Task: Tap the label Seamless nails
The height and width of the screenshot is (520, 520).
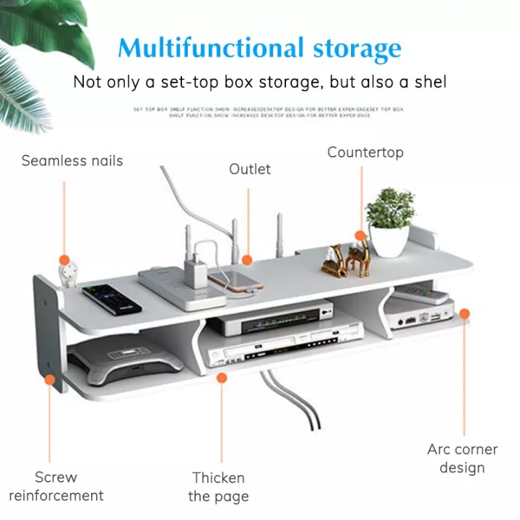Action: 72,160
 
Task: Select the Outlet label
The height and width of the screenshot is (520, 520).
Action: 250,169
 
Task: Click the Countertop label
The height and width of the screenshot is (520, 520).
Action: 365,152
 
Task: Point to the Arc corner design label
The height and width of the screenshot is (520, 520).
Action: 462,459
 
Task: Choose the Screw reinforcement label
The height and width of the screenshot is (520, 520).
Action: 56,486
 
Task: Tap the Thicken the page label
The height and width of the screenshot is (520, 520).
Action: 218,487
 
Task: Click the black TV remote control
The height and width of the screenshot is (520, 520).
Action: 112,298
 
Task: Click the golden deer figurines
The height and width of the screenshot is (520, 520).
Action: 346,259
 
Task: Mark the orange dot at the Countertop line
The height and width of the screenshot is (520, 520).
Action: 360,236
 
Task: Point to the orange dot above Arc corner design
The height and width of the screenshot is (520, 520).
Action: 464,313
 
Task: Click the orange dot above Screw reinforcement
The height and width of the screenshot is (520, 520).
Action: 50,379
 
